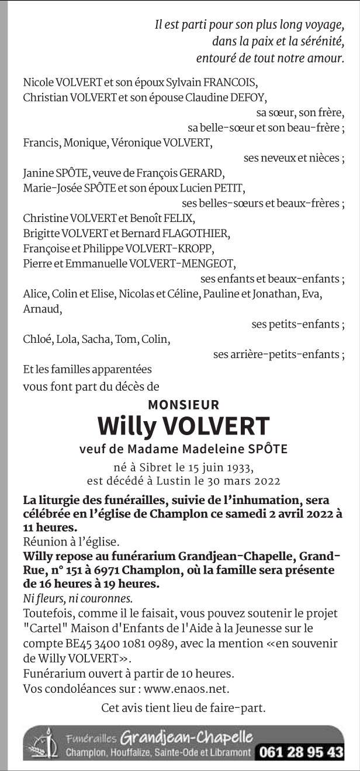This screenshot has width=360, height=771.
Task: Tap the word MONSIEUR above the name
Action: pyautogui.click(x=184, y=404)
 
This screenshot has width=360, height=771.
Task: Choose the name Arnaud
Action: pyautogui.click(x=42, y=309)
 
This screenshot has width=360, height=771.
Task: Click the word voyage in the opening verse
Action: pyautogui.click(x=324, y=25)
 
